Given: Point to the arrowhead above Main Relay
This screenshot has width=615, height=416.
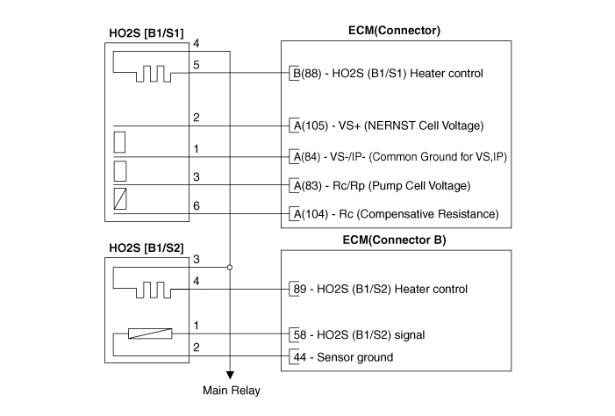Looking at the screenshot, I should click(230, 373).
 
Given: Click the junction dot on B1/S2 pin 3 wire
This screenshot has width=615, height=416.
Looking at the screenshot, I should click(230, 267).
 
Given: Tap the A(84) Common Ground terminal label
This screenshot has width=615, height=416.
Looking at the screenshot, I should click(399, 157).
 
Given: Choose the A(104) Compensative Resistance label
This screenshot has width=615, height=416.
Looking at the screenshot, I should click(395, 214).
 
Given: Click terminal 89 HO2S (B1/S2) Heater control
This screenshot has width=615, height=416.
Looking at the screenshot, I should click(379, 289).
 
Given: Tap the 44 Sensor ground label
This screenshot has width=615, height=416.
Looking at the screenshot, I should click(343, 357).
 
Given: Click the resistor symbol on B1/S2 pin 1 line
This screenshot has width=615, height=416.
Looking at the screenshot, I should click(149, 334).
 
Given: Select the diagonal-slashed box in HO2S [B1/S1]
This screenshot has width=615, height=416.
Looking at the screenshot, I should click(122, 198).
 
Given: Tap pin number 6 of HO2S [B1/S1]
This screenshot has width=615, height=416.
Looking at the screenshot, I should click(197, 204).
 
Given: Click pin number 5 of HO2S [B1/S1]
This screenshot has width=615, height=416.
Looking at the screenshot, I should click(197, 64).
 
